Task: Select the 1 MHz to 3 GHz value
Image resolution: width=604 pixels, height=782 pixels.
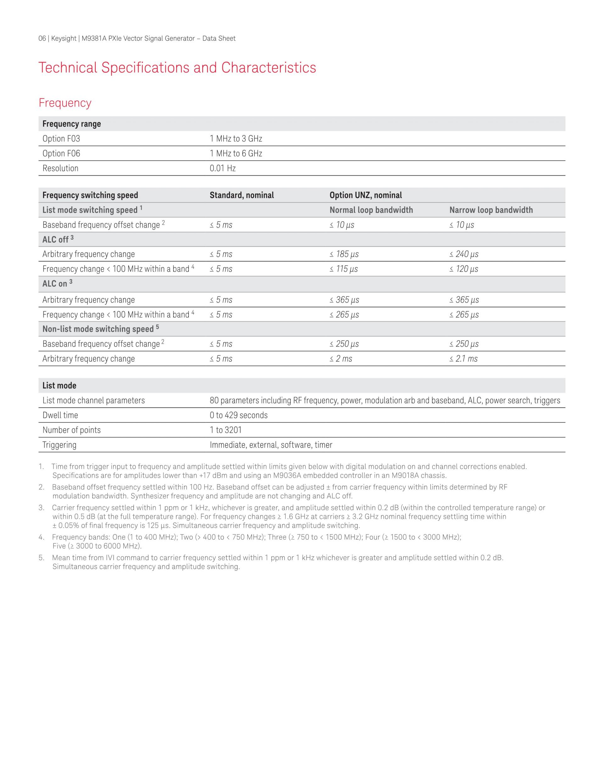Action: (236, 139)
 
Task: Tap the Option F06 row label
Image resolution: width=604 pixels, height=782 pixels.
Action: (61, 154)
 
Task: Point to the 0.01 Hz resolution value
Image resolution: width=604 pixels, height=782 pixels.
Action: (222, 168)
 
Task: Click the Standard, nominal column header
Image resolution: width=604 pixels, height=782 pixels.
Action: (242, 195)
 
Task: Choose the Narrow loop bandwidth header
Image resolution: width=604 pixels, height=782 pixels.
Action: (491, 210)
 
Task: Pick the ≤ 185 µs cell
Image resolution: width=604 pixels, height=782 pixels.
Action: (344, 254)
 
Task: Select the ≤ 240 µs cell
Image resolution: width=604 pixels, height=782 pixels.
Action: (464, 254)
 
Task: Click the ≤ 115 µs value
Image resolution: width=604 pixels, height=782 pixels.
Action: (344, 269)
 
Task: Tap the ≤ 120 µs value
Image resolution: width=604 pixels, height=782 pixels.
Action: (464, 269)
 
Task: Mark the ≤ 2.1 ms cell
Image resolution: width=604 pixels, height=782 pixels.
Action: (463, 359)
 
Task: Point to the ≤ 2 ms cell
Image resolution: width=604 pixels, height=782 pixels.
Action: (341, 359)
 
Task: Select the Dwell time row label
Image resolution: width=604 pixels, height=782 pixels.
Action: (60, 415)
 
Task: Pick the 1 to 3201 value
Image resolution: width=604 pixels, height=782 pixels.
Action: (226, 430)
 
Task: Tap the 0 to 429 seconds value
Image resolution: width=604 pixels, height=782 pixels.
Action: (239, 415)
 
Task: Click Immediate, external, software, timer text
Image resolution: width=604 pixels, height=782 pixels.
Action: (271, 445)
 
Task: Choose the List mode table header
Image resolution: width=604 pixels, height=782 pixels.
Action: (59, 386)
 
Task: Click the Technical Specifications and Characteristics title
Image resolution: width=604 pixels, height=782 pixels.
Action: (177, 68)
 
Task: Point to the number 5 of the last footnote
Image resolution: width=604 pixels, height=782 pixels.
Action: (42, 558)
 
